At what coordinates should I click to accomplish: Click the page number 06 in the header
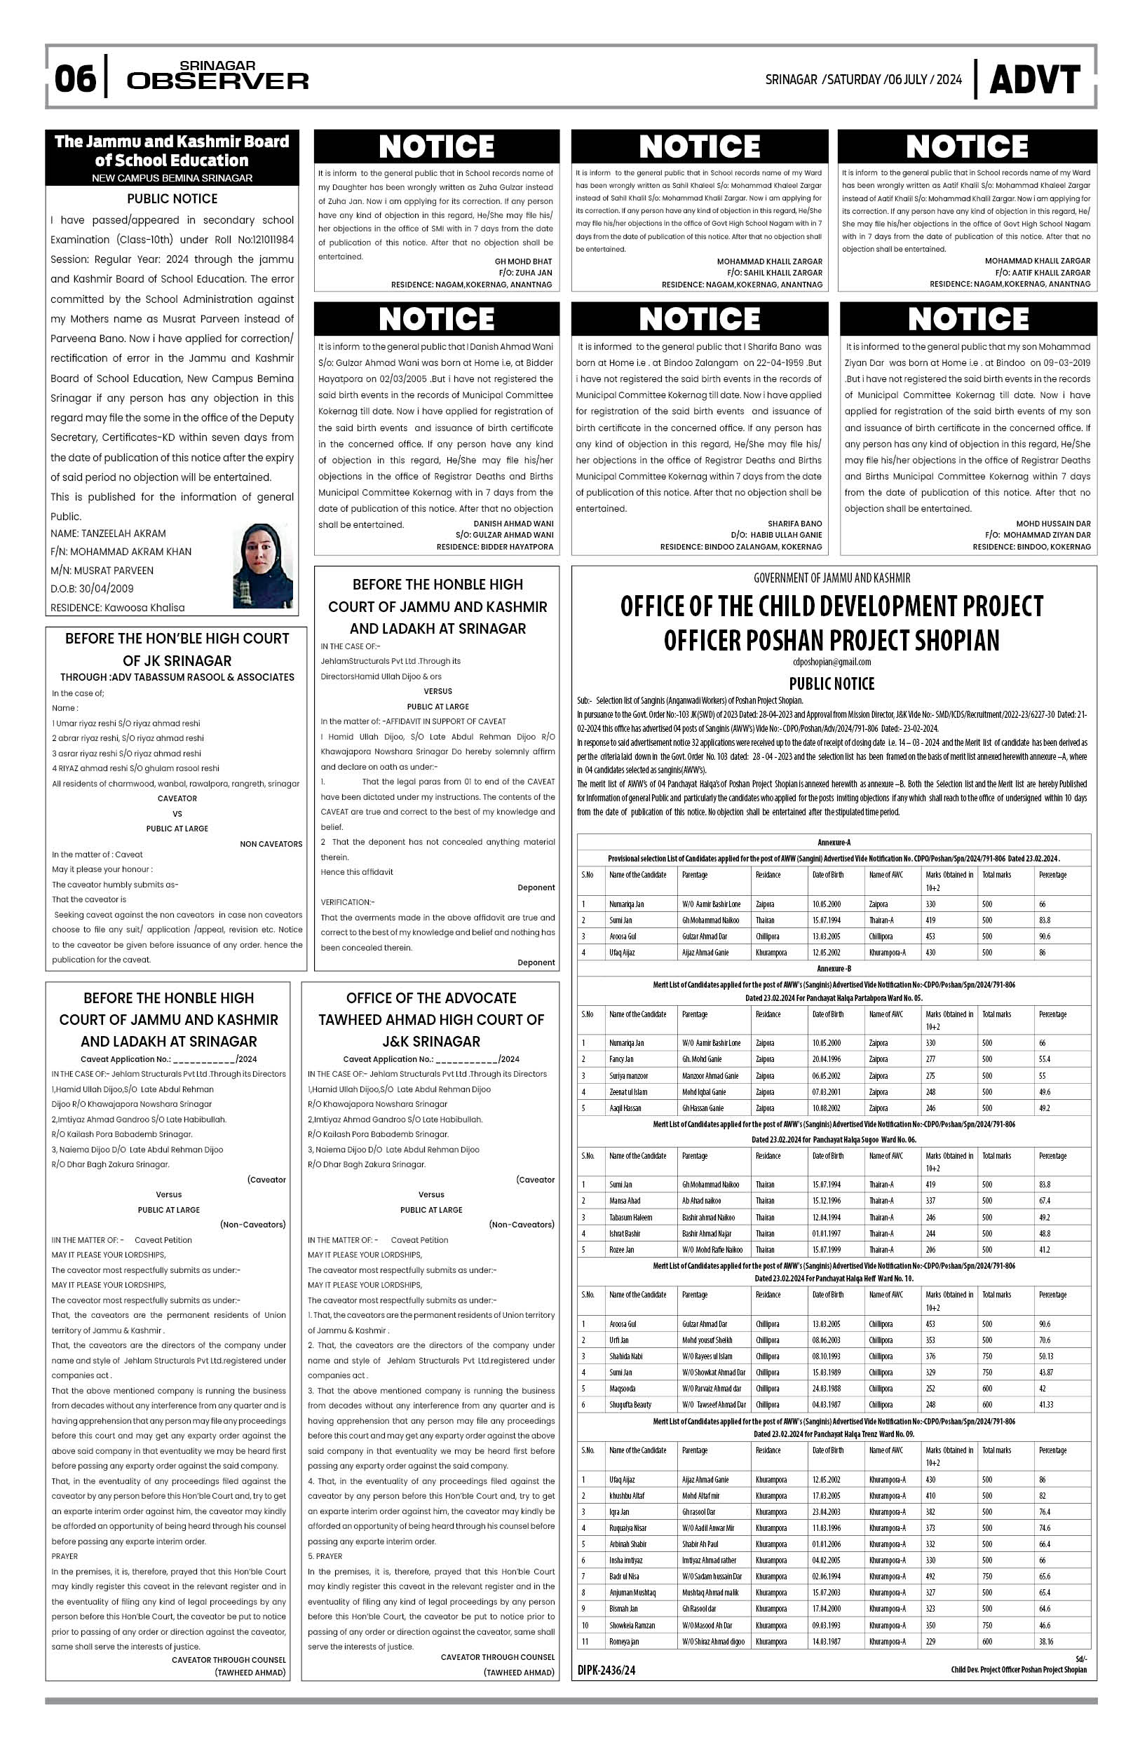75,78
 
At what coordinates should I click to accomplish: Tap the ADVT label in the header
1034,79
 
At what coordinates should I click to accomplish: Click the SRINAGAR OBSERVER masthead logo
217,76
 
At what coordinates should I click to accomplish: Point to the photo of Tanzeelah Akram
262,566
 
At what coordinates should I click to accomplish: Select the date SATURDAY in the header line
853,79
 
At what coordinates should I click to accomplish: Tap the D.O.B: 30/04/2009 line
92,589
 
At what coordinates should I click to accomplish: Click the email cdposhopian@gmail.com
832,661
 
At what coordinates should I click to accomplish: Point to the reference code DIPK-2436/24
606,1670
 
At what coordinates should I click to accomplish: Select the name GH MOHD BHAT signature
522,261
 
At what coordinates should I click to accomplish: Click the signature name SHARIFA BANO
794,524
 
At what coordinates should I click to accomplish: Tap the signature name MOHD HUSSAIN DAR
1052,524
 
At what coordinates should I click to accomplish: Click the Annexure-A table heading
834,842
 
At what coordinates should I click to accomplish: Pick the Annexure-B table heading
834,969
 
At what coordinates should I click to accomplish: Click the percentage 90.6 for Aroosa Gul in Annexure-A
1045,937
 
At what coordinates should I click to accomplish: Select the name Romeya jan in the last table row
623,1641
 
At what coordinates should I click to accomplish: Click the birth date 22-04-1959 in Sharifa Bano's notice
764,363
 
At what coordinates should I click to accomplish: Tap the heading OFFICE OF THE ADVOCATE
430,998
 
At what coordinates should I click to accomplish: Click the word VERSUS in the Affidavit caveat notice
437,691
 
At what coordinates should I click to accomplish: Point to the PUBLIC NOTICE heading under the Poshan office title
832,683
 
